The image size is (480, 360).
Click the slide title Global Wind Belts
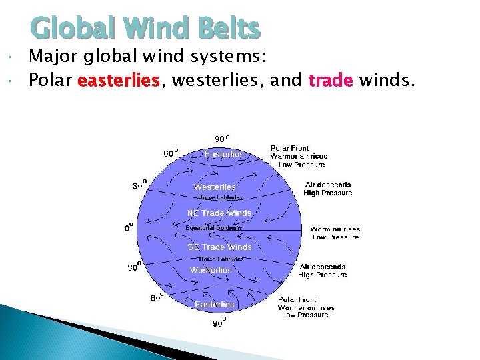[x=145, y=29]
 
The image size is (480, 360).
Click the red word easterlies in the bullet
[x=119, y=81]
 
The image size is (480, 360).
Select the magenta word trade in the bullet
[x=331, y=81]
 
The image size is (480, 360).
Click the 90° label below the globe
[x=219, y=323]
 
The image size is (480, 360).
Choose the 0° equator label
[x=130, y=227]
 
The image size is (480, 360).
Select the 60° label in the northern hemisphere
[x=171, y=153]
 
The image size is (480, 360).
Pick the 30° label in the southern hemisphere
[x=134, y=267]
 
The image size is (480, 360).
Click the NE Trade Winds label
[x=219, y=213]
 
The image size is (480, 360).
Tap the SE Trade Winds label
[x=219, y=247]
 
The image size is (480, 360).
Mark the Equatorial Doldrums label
[x=213, y=228]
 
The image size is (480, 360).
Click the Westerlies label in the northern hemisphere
[x=215, y=187]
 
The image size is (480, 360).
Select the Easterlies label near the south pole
[x=215, y=305]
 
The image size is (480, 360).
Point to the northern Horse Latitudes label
[x=220, y=197]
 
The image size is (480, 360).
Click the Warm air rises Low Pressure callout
[x=335, y=233]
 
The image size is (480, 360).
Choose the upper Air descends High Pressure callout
[x=328, y=189]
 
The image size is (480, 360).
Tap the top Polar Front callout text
[x=298, y=156]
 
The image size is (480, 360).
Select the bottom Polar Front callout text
[x=306, y=307]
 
